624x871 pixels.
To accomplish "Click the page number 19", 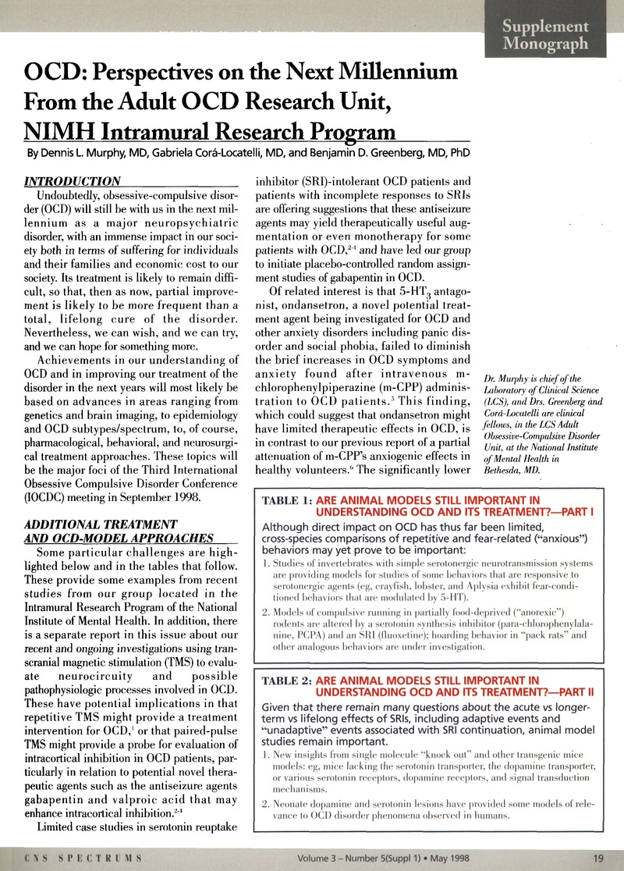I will [x=599, y=859].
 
